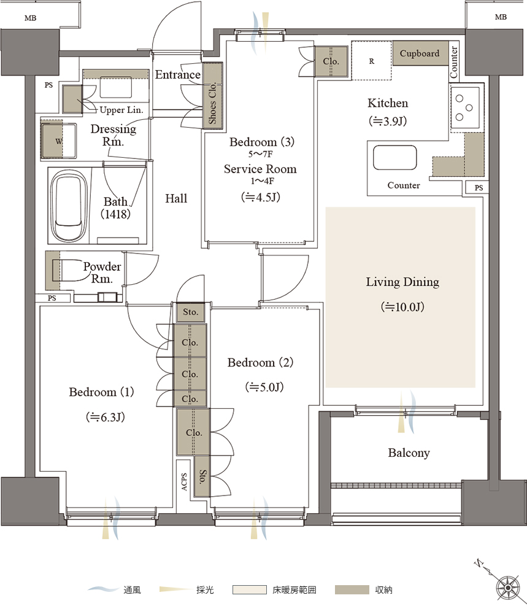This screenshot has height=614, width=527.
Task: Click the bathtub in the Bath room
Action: coord(69,206)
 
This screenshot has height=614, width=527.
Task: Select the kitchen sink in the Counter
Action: coord(394,157)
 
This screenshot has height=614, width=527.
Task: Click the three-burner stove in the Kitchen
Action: coord(465,107)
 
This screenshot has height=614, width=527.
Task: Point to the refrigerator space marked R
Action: coord(371,61)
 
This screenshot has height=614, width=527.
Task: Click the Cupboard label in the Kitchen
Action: coord(420,53)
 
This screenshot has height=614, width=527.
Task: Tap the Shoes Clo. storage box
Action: coord(212,96)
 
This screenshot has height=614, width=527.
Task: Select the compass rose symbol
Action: coord(508,588)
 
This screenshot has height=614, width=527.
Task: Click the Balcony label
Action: coord(409,453)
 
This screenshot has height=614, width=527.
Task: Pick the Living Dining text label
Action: coord(402,282)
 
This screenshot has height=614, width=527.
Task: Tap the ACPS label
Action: coord(184,481)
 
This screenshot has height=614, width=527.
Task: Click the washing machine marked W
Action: coord(59,141)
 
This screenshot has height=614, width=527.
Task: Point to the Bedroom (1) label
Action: coord(101,392)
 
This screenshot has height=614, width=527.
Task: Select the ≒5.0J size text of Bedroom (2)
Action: coord(264,387)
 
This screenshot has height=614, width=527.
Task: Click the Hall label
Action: coord(176,198)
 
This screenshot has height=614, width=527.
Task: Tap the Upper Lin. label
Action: coord(121,110)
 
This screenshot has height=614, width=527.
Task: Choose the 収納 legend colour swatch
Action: coord(352,589)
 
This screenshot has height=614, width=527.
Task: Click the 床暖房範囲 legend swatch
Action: coord(249,589)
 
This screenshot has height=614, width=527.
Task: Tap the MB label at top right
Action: coord(501,17)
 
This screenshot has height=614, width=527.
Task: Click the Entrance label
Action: coord(178,74)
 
